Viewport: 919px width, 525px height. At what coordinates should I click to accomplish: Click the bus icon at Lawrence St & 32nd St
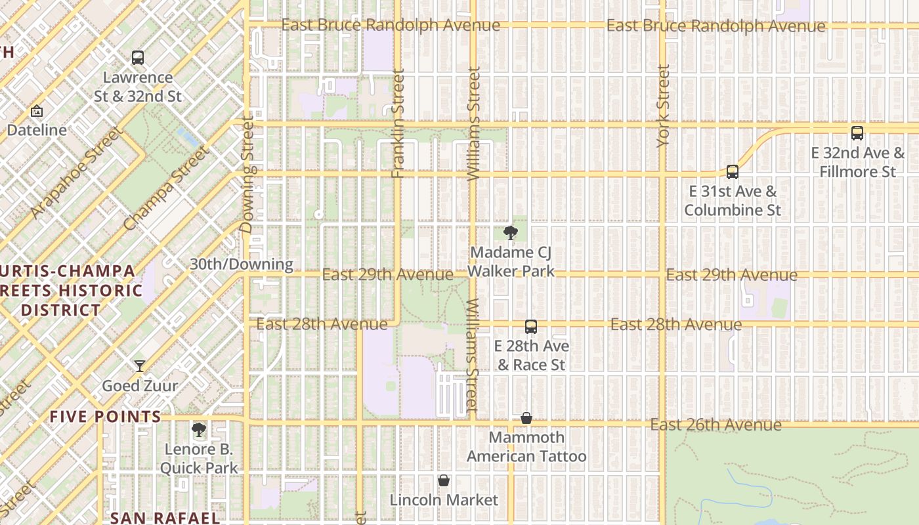click(138, 58)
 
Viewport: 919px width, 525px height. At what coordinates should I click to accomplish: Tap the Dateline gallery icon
click(37, 111)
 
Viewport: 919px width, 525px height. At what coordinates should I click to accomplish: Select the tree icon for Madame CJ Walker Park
click(510, 232)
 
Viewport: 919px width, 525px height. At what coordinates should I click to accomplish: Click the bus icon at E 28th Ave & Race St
click(531, 326)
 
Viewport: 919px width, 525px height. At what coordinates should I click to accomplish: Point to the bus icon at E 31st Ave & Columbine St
click(733, 172)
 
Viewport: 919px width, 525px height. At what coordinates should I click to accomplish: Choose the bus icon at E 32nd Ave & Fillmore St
click(857, 133)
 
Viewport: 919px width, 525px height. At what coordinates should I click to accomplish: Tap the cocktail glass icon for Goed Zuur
click(140, 366)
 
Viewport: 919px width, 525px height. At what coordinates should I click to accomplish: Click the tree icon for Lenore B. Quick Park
click(198, 430)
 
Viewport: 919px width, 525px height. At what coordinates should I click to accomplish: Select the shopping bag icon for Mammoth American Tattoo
click(526, 418)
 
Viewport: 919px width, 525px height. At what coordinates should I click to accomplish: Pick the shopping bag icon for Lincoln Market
click(444, 481)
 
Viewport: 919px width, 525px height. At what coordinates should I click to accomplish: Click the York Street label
click(664, 106)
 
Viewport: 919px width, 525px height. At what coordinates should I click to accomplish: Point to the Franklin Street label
click(398, 124)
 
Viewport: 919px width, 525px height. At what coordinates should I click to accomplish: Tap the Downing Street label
click(247, 175)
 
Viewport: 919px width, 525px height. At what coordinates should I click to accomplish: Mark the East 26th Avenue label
click(716, 425)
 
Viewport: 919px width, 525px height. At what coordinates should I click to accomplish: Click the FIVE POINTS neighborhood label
click(106, 417)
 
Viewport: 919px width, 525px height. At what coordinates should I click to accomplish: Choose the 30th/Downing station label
click(242, 264)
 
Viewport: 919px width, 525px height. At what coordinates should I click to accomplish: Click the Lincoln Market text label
click(444, 500)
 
